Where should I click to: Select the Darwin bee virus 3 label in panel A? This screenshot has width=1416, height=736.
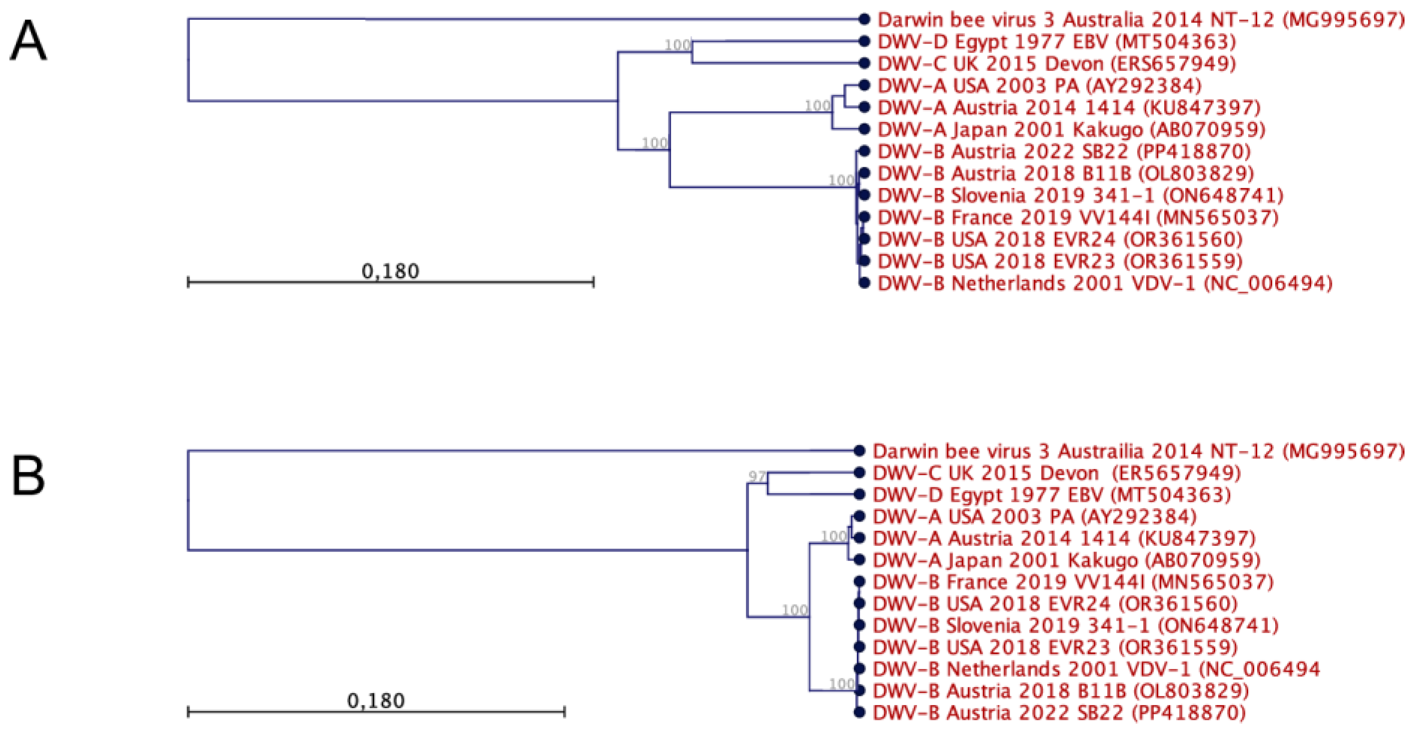1140,20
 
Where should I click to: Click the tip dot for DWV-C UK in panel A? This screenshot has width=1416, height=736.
865,63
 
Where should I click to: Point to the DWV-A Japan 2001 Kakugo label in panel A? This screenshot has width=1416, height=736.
1071,130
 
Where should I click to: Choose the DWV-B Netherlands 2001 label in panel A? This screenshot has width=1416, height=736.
1105,283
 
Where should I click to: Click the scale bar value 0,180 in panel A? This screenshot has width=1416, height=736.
390,271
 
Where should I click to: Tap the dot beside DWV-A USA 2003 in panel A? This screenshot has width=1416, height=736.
865,85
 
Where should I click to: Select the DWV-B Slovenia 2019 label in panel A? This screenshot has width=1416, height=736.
1080,195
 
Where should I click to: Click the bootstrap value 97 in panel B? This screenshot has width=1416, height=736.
757,476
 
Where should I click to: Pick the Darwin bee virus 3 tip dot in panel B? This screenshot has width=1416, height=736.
859,451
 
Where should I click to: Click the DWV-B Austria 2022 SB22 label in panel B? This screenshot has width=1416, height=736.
1059,713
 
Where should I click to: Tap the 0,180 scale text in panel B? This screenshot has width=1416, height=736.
376,700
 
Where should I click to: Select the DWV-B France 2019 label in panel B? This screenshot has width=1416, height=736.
1073,582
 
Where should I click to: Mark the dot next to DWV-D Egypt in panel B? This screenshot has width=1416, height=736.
859,495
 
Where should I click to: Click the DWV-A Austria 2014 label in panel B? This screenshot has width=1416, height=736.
1064,538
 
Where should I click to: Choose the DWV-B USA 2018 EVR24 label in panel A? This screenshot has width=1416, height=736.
1060,239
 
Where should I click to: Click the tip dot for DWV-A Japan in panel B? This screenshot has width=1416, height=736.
859,560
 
